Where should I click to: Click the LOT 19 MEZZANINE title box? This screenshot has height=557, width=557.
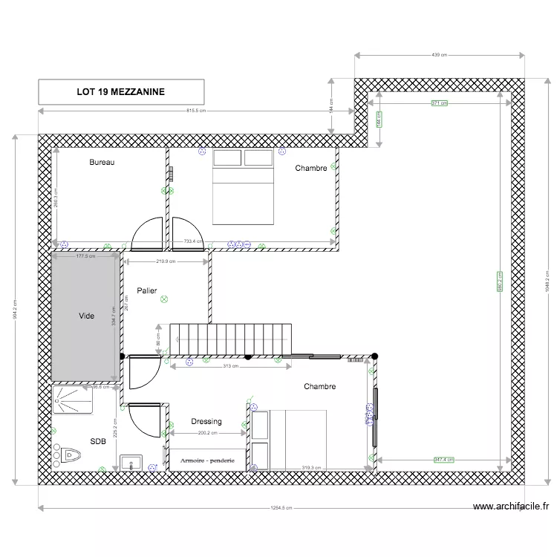[121, 92]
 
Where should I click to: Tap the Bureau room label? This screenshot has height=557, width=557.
[102, 162]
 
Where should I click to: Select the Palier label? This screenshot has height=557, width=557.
[146, 291]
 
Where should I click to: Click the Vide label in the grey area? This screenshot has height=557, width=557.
[86, 316]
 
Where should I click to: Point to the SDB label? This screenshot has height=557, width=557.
[98, 441]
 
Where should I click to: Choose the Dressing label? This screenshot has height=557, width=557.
[206, 422]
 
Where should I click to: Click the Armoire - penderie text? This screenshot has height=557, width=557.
[208, 460]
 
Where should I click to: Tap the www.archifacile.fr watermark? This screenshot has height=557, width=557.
[511, 506]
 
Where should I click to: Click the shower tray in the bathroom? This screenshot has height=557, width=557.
[73, 400]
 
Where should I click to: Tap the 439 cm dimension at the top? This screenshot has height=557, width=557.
[440, 55]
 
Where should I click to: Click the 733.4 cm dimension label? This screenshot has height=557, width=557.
[193, 241]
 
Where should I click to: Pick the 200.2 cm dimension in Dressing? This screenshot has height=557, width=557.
[207, 433]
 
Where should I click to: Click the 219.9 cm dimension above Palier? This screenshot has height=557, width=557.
[166, 261]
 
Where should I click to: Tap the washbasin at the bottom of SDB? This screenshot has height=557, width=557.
[131, 463]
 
